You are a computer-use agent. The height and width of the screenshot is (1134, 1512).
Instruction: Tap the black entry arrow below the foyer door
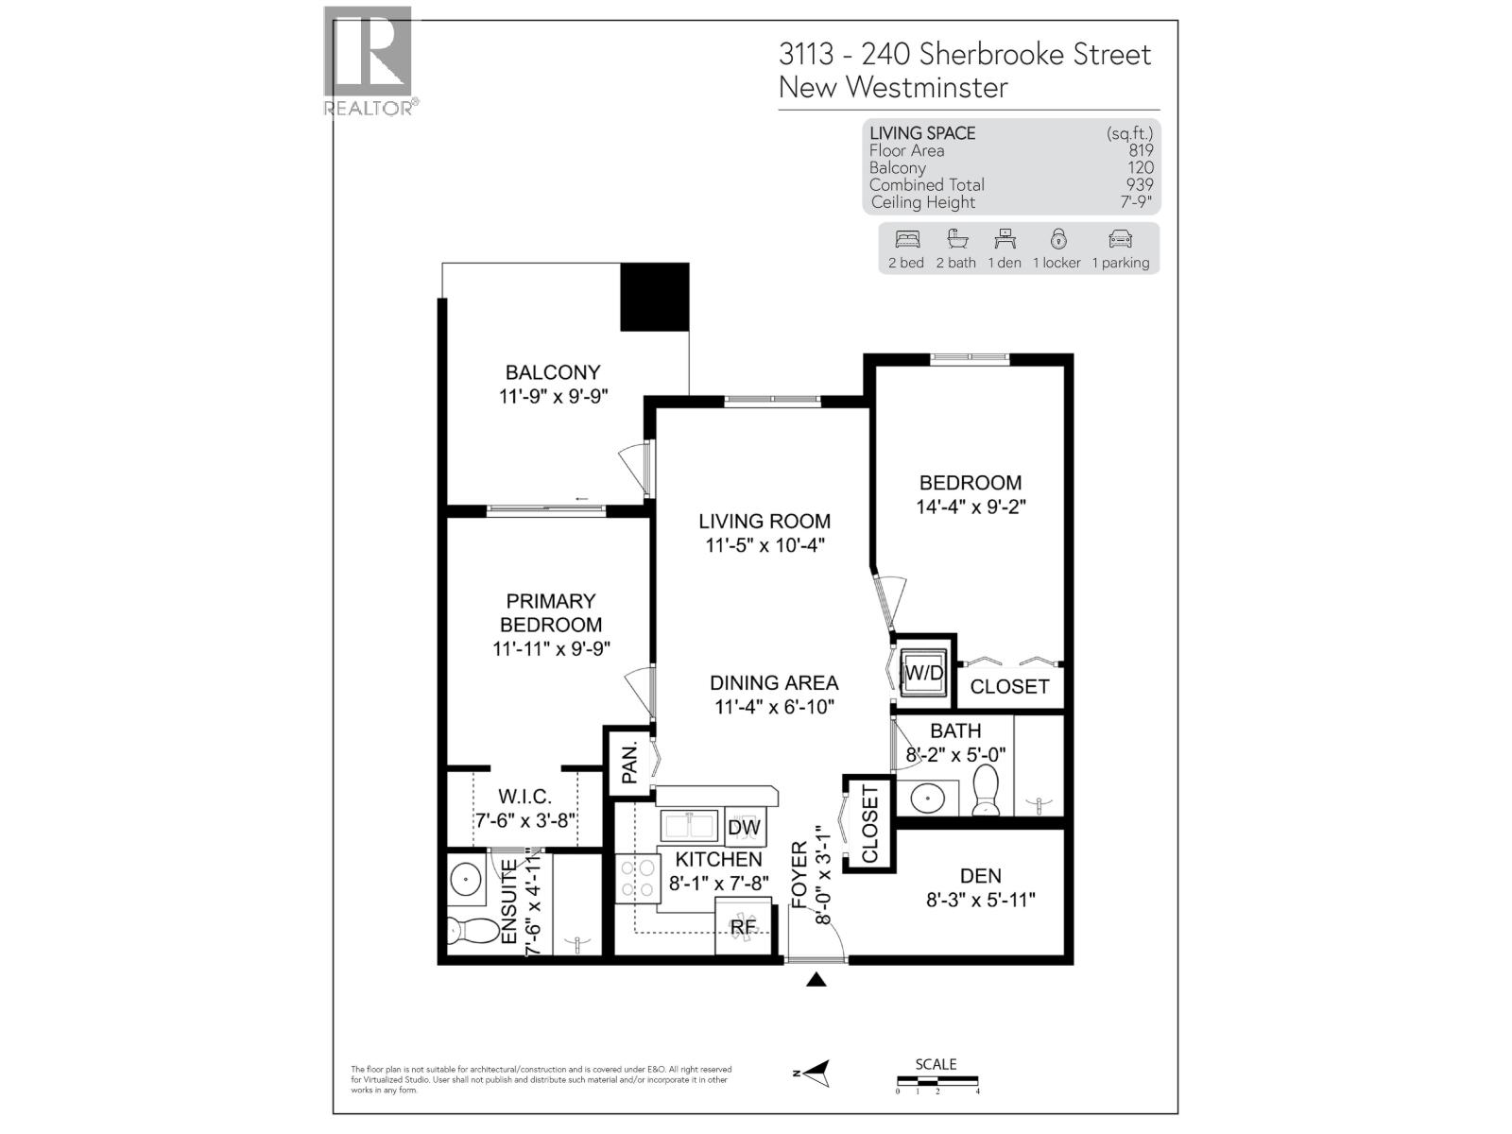816,980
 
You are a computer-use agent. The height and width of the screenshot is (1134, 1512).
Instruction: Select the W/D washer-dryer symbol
923,673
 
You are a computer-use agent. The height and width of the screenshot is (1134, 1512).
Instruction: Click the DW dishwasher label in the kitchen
744,828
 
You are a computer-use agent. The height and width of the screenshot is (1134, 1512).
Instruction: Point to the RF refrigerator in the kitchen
743,926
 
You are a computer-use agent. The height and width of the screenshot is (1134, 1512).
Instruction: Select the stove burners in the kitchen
635,878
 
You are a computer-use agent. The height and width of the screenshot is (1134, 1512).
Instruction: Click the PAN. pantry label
629,761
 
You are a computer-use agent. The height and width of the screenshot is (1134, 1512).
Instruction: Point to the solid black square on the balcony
654,297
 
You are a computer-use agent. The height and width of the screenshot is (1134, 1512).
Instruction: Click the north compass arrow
814,1073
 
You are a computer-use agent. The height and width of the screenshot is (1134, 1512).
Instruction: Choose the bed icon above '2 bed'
906,239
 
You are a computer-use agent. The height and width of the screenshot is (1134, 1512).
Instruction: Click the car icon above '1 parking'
1120,239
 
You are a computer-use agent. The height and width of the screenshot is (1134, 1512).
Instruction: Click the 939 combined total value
1140,185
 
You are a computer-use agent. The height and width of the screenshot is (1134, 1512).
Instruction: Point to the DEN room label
980,876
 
